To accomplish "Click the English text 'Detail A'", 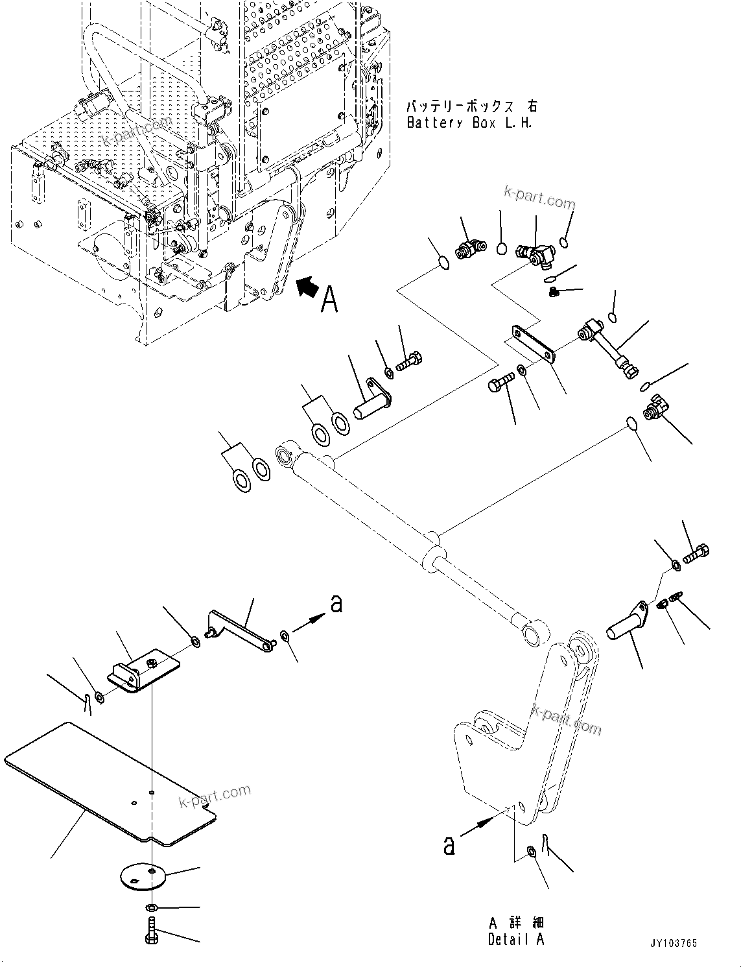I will pos(516,939).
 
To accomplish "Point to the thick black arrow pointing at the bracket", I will pos(308,286).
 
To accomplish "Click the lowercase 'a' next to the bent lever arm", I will pos(336,603).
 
